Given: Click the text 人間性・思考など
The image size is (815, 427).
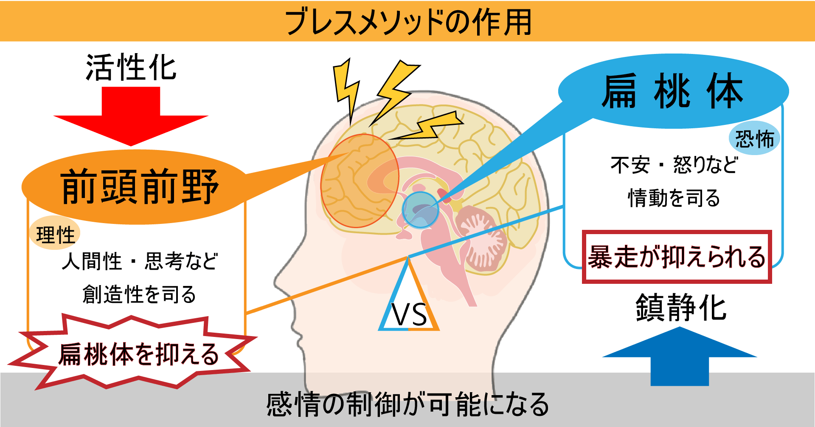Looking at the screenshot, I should pos(139,261).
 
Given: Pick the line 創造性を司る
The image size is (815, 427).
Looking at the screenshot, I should pos(139,294).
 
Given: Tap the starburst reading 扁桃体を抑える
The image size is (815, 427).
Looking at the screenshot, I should pos(138,354).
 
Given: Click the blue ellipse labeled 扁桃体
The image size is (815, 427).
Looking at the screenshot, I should pos(673,91).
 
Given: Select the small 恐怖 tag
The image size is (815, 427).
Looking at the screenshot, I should pos(754,139).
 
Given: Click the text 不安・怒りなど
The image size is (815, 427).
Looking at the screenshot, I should pos(674,165).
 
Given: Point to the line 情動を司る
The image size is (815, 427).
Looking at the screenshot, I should pos(674,198).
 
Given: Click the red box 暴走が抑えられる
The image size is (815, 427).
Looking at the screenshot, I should pos(677,257).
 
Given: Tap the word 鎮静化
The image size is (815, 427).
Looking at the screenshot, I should pos(680,308).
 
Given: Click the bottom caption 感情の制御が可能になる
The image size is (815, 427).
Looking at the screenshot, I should pos(407,404).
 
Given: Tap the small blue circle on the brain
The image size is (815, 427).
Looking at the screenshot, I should pos(420,209).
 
